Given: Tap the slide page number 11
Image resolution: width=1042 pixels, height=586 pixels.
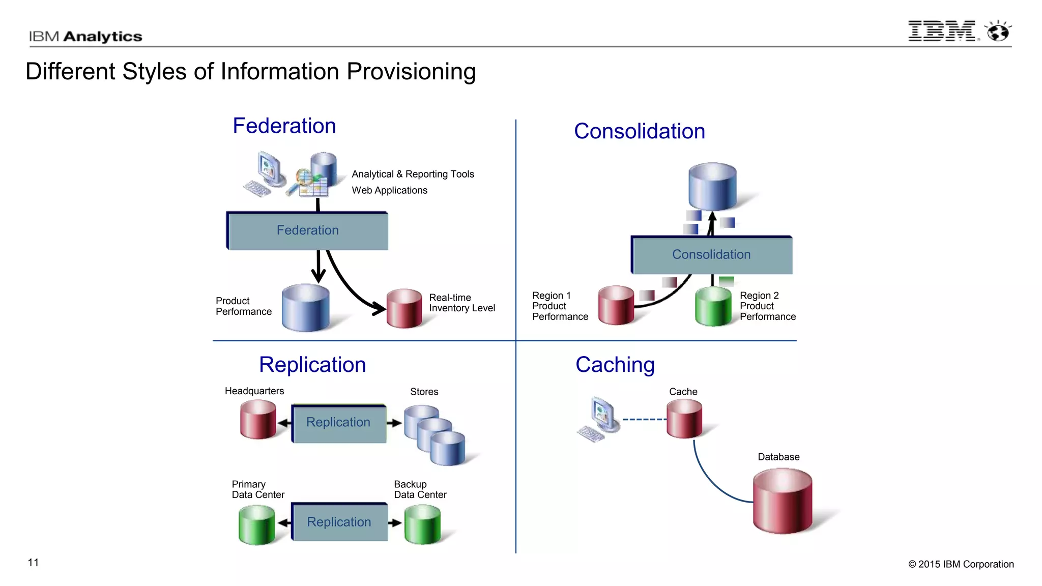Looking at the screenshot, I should tap(33, 562).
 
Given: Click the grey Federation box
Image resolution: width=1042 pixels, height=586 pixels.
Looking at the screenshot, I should tap(307, 230).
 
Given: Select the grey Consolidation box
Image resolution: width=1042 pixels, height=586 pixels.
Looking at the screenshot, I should tap(711, 254).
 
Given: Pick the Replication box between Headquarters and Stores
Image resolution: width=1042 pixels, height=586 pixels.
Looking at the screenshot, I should tap(338, 423).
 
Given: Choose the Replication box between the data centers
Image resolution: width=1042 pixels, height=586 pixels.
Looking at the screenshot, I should tap(339, 522).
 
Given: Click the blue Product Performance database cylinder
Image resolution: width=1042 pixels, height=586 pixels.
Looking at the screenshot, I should tap(305, 308).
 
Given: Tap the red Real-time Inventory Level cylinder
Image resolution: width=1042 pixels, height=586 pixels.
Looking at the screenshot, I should tap(404, 308).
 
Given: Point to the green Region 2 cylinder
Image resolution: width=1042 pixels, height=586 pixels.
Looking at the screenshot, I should tap(713, 306).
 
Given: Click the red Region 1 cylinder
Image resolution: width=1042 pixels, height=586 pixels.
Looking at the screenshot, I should tap(616, 305).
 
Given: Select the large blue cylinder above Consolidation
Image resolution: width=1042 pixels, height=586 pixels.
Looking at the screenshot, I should tap(712, 186).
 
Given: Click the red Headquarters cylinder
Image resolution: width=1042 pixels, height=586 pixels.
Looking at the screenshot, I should tap(258, 419).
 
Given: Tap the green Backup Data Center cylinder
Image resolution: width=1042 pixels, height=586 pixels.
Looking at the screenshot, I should tap(422, 524).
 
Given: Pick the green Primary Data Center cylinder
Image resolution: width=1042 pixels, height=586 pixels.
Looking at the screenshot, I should tap(256, 524).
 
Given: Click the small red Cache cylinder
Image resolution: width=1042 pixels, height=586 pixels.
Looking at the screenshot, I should tap(684, 418).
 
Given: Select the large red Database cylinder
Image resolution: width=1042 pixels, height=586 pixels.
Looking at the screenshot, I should tap(782, 501).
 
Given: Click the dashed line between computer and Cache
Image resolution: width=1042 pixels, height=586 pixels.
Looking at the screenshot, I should tap(644, 420).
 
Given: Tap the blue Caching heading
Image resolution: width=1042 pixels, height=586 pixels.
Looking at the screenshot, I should tap(615, 365).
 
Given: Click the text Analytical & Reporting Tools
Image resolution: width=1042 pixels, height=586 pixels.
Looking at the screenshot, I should tap(413, 174).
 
